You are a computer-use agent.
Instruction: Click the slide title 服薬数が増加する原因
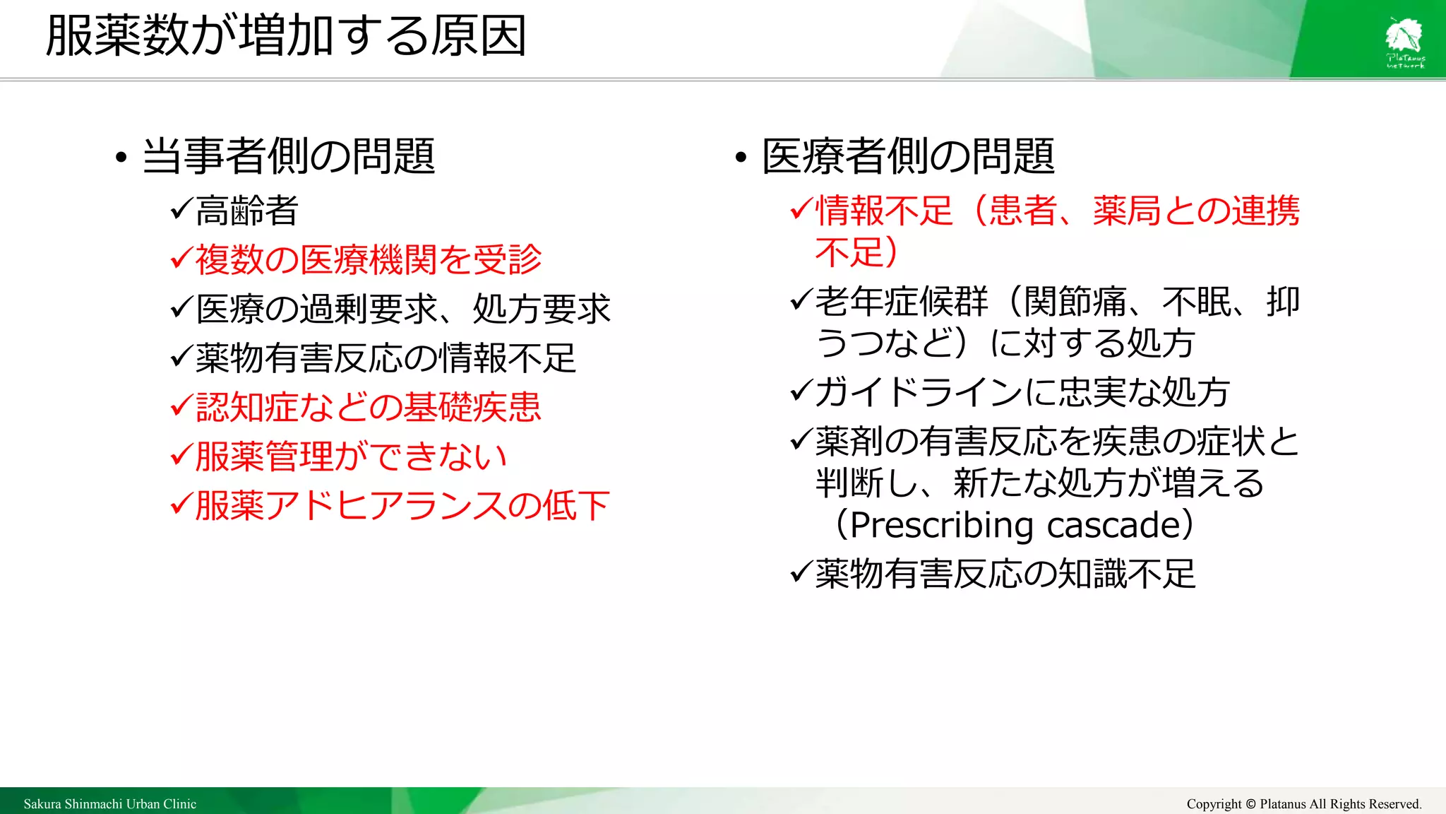point(286,37)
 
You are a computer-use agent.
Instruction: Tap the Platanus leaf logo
point(1404,41)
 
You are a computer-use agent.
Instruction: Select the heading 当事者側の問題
point(288,156)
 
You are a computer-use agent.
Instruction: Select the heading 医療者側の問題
point(908,156)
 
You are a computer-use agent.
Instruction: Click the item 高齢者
point(247,211)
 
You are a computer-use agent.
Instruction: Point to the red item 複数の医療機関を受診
point(369,259)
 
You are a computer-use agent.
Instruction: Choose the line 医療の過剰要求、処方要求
point(403,309)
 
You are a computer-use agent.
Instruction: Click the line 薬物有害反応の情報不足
point(386,358)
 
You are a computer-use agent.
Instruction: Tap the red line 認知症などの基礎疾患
point(369,408)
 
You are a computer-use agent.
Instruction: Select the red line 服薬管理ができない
point(351,456)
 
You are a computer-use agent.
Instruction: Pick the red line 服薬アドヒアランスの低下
point(402,506)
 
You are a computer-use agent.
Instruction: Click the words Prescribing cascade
point(1015,525)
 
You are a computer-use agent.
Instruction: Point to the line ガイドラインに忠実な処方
point(1022,392)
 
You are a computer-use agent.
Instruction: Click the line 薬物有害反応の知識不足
point(1005,574)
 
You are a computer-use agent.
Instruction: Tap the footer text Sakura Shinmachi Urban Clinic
point(110,804)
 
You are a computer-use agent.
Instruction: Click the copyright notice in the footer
point(1303,804)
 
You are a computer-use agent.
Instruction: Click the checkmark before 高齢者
point(181,209)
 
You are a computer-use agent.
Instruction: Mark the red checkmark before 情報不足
point(801,209)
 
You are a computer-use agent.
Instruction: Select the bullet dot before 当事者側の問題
point(121,158)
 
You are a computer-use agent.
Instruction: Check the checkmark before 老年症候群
point(801,300)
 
